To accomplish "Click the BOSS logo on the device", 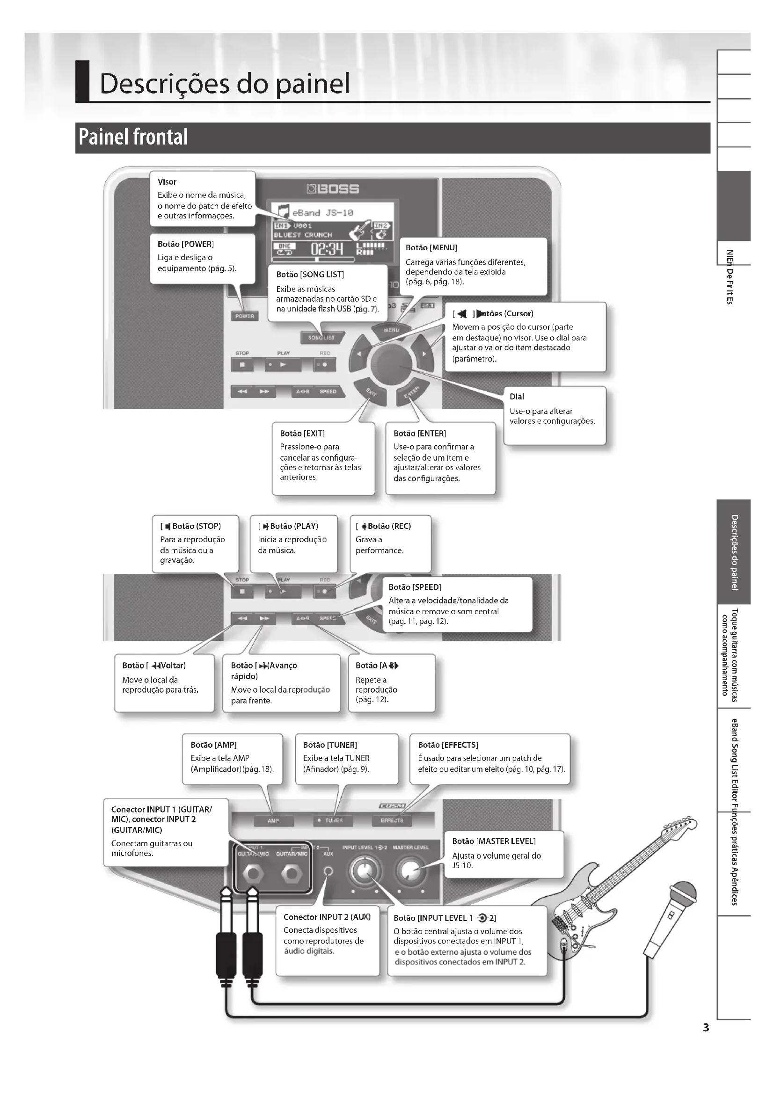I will tap(333, 189).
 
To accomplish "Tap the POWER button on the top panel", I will tap(244, 316).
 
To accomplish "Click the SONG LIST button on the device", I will tap(321, 337).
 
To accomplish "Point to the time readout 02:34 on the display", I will tap(327, 249).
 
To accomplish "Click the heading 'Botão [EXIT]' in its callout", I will tap(302, 434).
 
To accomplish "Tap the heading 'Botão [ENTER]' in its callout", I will tap(419, 434).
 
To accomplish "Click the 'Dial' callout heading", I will tap(517, 397).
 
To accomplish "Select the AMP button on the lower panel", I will tap(273, 820).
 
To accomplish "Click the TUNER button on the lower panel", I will tap(334, 820).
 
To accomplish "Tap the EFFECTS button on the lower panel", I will tap(392, 820).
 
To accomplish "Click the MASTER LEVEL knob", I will tap(409, 871).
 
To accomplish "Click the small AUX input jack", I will tap(328, 871).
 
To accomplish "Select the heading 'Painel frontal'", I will tap(133, 137).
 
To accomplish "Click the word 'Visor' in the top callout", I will tap(167, 181).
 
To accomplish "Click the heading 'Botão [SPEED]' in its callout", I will tap(415, 587).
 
